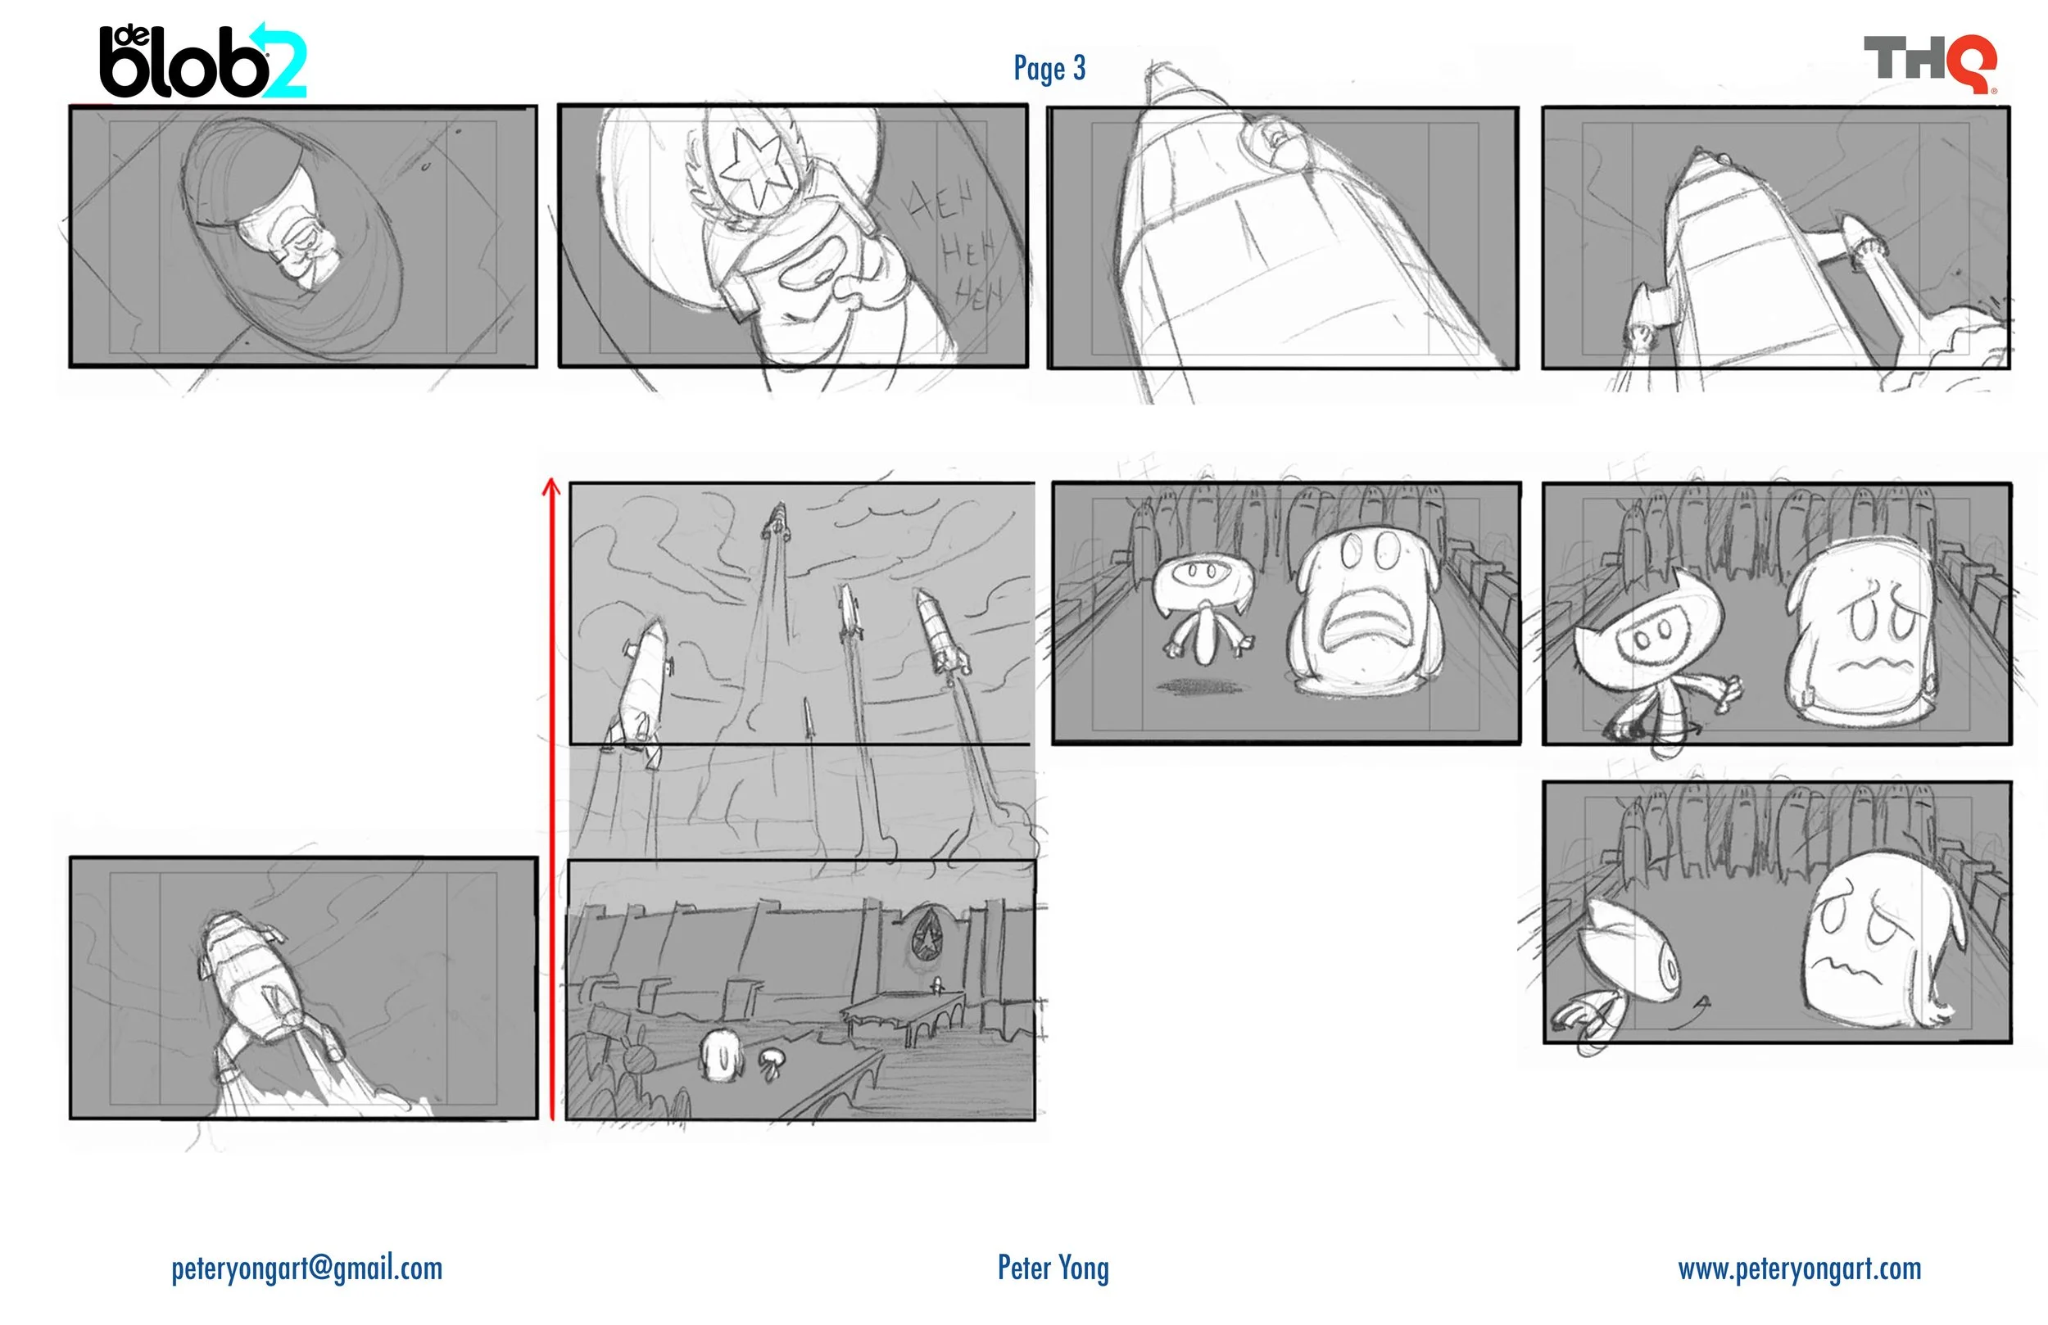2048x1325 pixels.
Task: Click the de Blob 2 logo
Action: point(203,61)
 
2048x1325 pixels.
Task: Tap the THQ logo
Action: point(1930,63)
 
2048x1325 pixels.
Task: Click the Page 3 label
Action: point(1049,68)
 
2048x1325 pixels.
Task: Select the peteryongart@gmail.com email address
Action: point(306,1268)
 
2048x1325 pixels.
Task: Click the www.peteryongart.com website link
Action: point(1799,1268)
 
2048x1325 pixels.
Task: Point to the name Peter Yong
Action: point(1053,1268)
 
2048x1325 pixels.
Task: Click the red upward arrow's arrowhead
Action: point(551,488)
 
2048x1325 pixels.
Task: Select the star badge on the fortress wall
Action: point(927,934)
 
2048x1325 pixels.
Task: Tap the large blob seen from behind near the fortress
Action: point(720,1055)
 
